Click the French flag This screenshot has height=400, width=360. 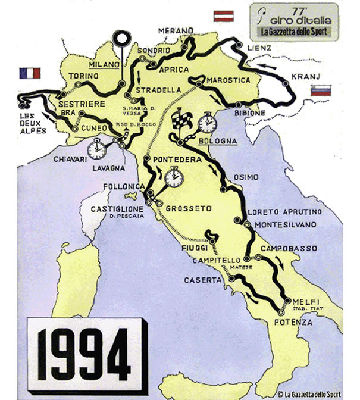click(x=29, y=73)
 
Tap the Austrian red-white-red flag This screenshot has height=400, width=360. click(x=222, y=17)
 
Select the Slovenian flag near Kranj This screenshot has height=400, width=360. click(x=322, y=90)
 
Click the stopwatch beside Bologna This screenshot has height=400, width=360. click(x=207, y=123)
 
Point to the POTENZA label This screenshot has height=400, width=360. click(x=293, y=322)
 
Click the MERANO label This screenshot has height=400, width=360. click(x=176, y=30)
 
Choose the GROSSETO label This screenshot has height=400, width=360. click(x=188, y=209)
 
